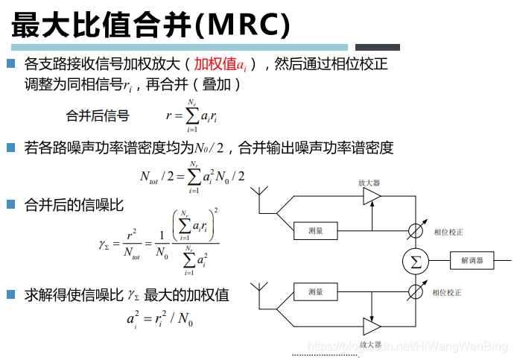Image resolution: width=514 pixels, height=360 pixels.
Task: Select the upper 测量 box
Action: point(316,231)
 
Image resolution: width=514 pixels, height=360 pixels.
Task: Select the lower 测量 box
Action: point(316,291)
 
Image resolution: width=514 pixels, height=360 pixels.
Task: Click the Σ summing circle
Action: point(416,261)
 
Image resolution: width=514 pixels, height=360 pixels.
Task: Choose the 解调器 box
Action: point(472,261)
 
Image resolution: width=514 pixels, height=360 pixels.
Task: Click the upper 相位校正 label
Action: point(448,232)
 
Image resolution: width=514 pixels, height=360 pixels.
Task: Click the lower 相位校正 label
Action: point(448,292)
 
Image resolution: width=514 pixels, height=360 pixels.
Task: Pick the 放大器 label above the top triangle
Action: point(369,182)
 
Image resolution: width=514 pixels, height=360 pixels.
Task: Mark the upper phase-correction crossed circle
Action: point(416,231)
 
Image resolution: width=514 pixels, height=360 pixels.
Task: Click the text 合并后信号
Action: point(98,116)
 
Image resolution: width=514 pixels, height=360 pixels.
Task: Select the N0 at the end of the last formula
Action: point(187,321)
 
